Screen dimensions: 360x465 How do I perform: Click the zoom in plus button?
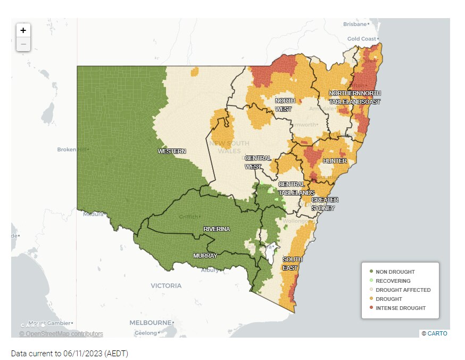[23, 30]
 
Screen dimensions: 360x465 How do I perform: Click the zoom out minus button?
[23, 44]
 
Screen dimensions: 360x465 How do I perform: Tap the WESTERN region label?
[172, 151]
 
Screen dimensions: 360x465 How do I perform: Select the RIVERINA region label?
[217, 229]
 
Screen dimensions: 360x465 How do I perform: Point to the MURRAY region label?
[205, 256]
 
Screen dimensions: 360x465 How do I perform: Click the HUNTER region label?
[335, 161]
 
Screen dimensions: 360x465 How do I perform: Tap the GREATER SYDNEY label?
[325, 204]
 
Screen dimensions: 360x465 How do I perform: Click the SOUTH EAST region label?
[292, 264]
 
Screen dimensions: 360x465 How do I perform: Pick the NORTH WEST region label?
[284, 105]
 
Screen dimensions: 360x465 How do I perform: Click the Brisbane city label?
[355, 24]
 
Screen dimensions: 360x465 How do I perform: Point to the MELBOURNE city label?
[151, 323]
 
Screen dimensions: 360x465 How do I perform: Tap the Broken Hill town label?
[72, 150]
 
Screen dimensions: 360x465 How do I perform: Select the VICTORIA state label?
[166, 286]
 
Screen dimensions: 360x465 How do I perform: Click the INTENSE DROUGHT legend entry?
[400, 308]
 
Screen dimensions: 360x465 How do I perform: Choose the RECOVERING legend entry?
[393, 281]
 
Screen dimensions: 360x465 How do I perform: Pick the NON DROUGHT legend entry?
[395, 272]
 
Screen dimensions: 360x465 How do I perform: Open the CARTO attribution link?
[437, 333]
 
